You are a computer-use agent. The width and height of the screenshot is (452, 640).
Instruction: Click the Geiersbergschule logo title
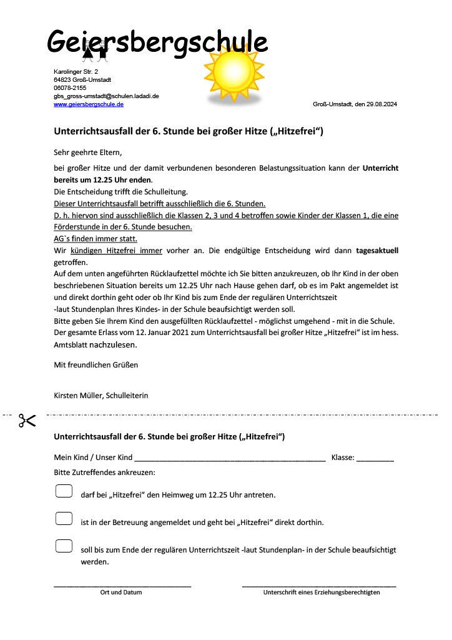click(x=157, y=42)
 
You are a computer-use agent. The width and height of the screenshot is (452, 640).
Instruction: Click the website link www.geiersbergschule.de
click(x=88, y=104)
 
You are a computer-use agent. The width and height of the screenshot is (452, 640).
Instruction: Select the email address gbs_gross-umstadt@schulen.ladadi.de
click(x=106, y=96)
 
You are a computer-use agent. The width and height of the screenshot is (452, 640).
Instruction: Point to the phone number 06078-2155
click(x=70, y=88)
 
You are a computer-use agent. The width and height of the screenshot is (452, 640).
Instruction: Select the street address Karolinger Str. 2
click(x=76, y=72)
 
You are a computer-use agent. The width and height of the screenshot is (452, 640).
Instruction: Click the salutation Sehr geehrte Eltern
click(x=88, y=152)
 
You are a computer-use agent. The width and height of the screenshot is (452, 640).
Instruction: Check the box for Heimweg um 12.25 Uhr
click(x=64, y=491)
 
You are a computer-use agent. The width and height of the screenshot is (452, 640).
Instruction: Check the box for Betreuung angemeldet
click(x=64, y=518)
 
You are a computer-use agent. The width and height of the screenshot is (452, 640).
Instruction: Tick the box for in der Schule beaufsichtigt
click(x=64, y=546)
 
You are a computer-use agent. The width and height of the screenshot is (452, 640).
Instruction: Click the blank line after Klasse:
click(x=375, y=459)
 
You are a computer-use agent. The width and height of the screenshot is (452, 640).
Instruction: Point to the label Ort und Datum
click(x=121, y=592)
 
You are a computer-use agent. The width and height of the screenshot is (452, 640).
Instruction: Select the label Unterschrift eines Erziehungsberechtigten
click(x=322, y=592)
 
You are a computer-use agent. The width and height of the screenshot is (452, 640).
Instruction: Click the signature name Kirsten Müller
click(x=78, y=396)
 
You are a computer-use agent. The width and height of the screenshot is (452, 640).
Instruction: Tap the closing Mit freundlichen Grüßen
click(x=96, y=364)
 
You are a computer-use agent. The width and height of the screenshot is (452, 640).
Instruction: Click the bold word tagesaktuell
click(x=377, y=250)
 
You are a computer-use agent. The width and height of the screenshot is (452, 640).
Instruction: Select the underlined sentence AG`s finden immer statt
click(x=96, y=239)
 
